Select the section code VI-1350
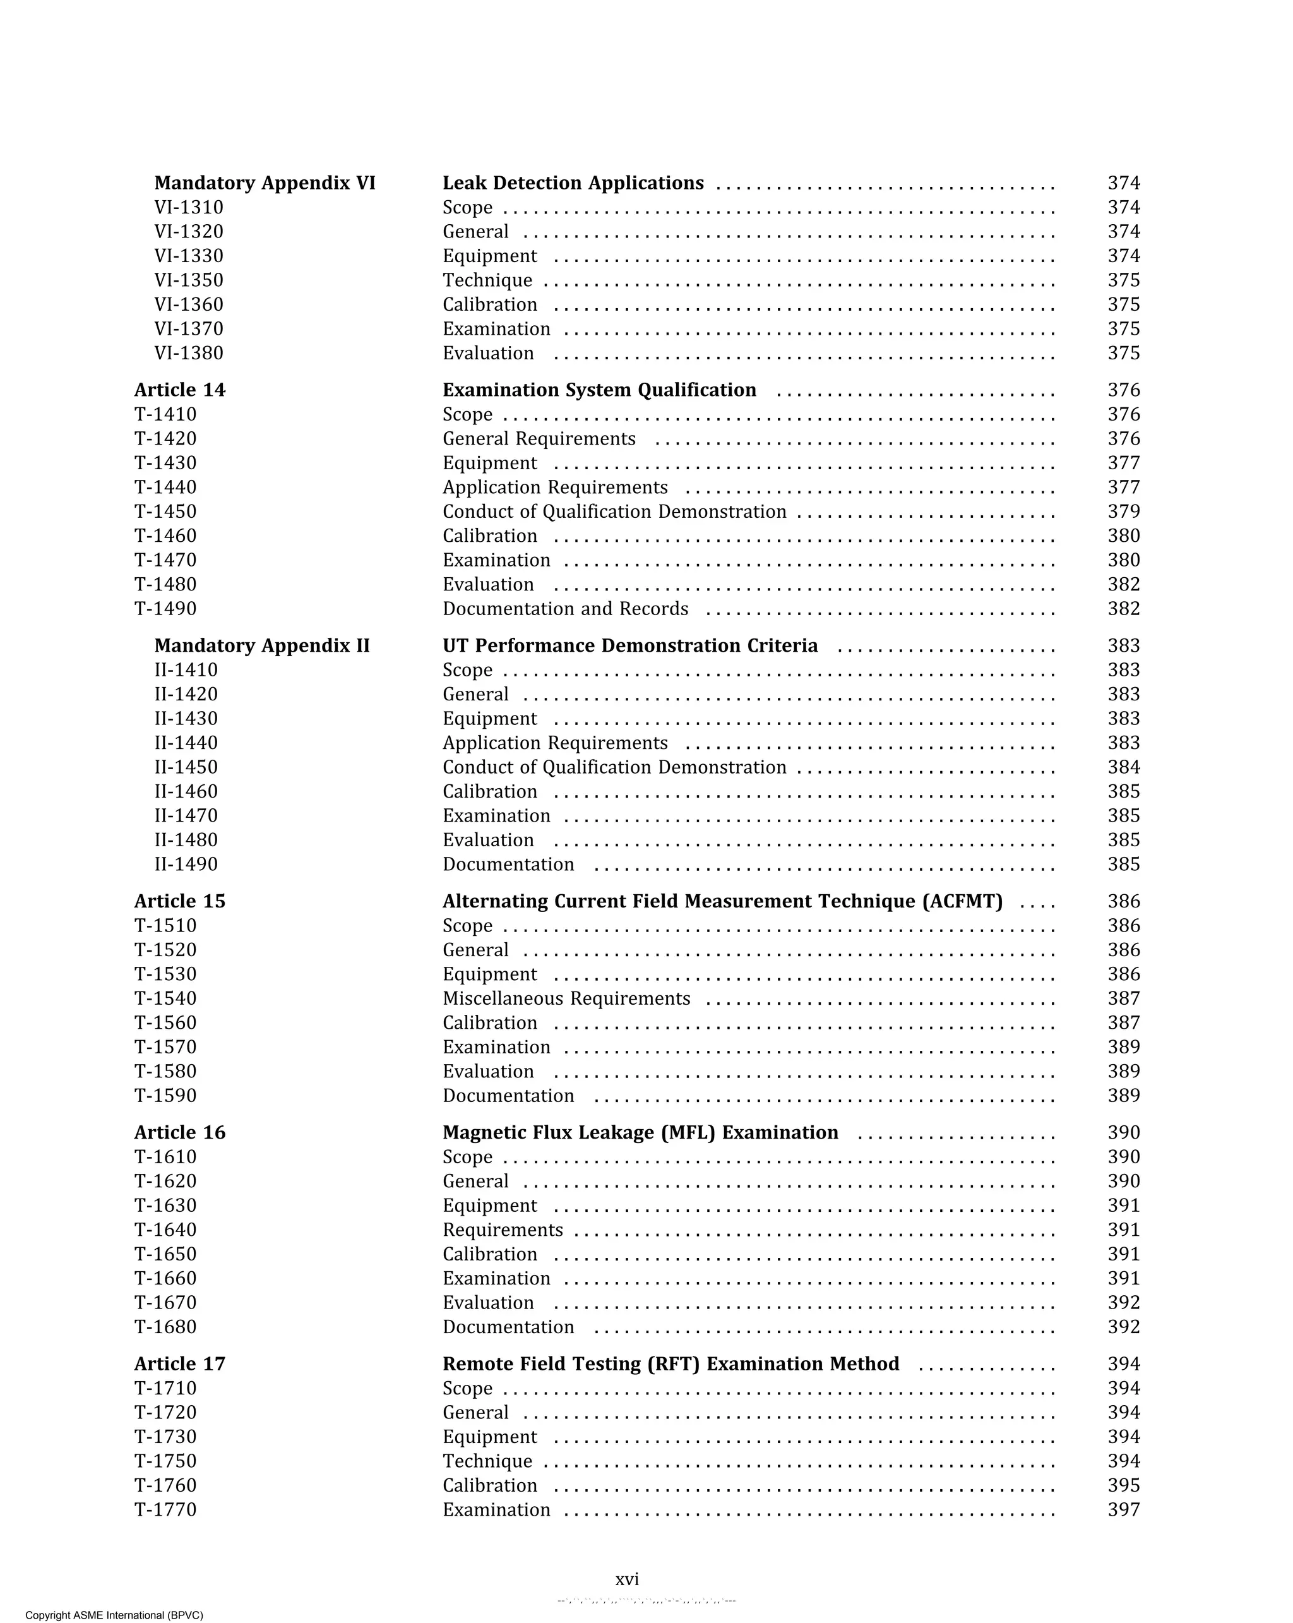(x=189, y=280)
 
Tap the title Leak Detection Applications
(x=573, y=183)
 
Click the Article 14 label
(x=180, y=390)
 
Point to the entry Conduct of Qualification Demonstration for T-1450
(x=614, y=512)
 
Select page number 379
(x=1123, y=512)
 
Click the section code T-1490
(x=165, y=609)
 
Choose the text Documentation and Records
(x=565, y=609)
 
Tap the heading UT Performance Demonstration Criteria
(x=630, y=646)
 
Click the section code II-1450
(x=186, y=767)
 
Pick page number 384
(x=1123, y=767)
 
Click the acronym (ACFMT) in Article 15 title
(x=962, y=901)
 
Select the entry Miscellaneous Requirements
(x=566, y=998)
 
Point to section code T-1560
(x=165, y=1023)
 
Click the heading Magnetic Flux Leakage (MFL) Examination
(x=640, y=1132)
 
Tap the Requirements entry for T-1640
(x=503, y=1230)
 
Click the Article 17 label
(x=180, y=1364)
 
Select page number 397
(x=1123, y=1510)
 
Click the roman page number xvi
(x=627, y=1579)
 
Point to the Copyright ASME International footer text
(x=114, y=1615)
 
